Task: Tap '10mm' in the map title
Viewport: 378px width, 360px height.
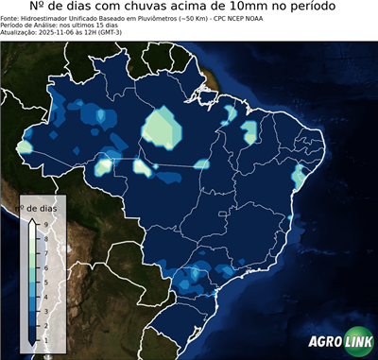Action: coord(247,8)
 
